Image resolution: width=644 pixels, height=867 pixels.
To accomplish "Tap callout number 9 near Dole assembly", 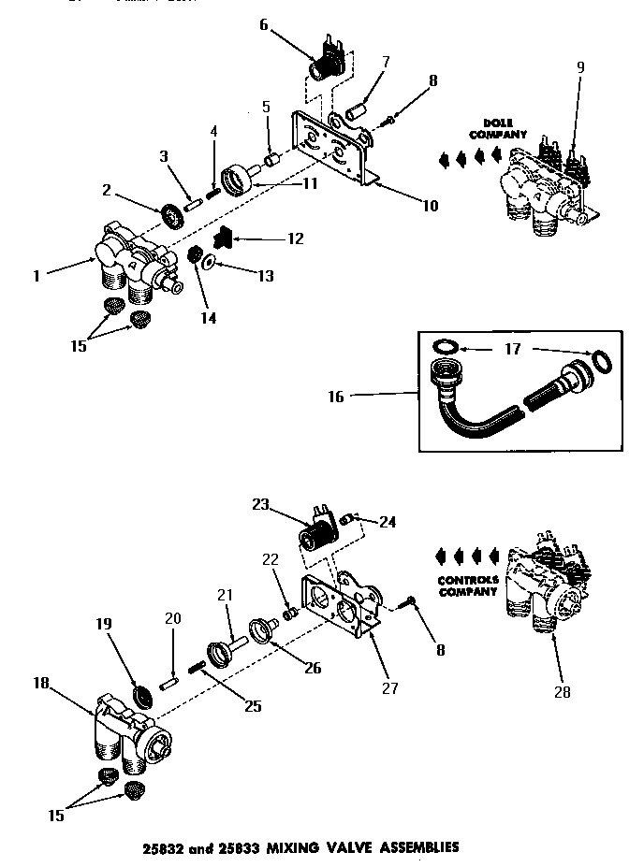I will [x=580, y=67].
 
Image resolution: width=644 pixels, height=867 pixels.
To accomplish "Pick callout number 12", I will [x=295, y=239].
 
